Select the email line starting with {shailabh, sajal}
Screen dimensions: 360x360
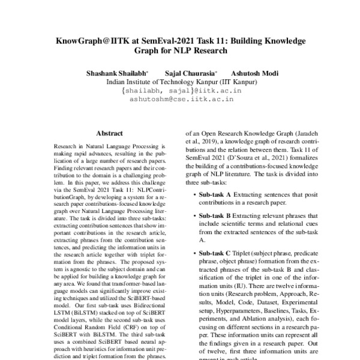tap(182, 91)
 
